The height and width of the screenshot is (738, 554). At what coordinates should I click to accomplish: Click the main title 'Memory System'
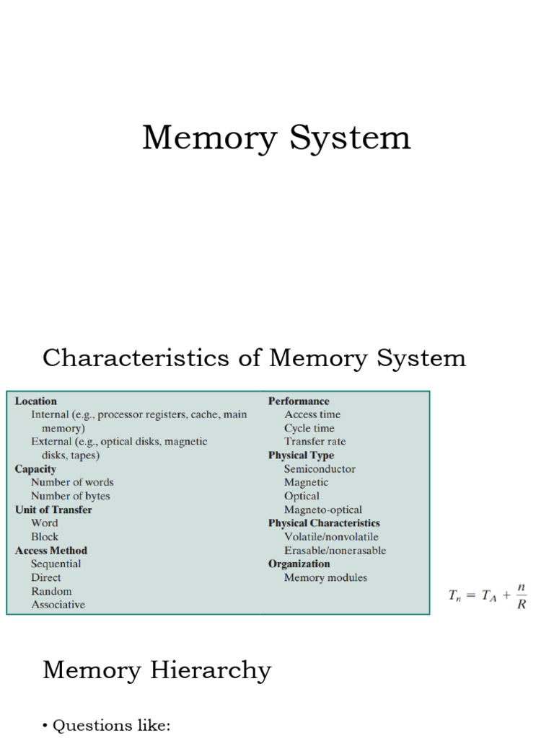click(276, 138)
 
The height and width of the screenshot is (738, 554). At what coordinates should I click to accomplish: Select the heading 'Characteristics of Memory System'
click(254, 358)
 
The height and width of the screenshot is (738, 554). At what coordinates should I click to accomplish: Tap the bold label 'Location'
click(36, 401)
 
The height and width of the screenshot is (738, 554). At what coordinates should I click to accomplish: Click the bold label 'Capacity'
click(35, 469)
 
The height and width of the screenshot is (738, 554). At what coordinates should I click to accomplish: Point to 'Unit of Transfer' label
click(53, 510)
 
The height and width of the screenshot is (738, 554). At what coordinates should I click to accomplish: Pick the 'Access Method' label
click(51, 551)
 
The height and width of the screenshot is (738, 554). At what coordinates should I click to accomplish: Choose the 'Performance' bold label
click(299, 401)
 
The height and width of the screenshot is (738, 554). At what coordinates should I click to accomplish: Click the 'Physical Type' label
click(301, 455)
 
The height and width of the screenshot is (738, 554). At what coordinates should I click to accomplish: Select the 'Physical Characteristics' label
click(324, 523)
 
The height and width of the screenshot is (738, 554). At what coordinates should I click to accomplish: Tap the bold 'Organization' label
click(299, 564)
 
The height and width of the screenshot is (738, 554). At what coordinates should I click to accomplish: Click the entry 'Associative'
click(58, 605)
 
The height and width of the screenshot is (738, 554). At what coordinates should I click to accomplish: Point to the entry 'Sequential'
click(56, 564)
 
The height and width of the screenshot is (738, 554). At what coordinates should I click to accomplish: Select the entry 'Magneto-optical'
click(323, 510)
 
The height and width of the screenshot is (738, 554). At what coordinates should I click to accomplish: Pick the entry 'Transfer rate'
click(315, 441)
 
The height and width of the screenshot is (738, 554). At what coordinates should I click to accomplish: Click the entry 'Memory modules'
click(325, 577)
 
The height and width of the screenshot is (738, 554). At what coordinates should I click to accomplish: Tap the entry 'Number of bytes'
click(71, 496)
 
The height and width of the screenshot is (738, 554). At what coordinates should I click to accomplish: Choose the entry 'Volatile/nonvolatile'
click(331, 537)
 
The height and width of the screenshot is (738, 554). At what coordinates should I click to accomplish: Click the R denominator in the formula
click(522, 604)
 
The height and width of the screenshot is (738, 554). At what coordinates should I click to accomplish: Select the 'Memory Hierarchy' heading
click(157, 670)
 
